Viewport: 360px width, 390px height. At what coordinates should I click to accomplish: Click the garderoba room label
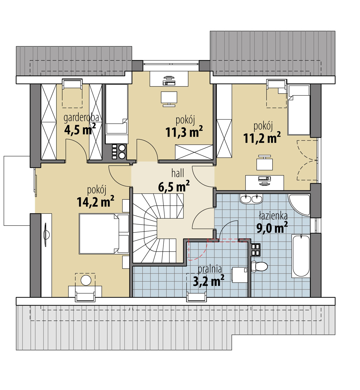click(x=81, y=118)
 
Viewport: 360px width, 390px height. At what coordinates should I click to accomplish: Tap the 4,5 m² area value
click(x=80, y=129)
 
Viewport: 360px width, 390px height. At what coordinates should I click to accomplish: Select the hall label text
click(x=177, y=173)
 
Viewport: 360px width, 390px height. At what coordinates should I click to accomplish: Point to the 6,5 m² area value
click(x=174, y=186)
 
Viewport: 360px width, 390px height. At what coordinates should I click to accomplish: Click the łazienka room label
click(x=273, y=216)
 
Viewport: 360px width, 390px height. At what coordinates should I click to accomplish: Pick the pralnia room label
click(x=210, y=269)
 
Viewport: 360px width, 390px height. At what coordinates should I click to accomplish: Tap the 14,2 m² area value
click(x=95, y=201)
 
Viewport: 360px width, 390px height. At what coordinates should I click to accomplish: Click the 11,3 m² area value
click(x=184, y=132)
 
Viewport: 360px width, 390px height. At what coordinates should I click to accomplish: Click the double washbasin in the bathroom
click(x=251, y=199)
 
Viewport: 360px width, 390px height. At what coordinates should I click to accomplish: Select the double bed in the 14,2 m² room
click(x=104, y=234)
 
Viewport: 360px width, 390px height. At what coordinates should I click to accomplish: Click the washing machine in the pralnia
click(x=240, y=275)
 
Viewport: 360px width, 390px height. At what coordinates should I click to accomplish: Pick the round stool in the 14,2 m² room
click(x=86, y=280)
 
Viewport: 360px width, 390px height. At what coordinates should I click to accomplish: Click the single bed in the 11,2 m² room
click(x=299, y=110)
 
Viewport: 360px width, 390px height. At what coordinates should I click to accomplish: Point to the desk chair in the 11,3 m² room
click(x=169, y=99)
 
